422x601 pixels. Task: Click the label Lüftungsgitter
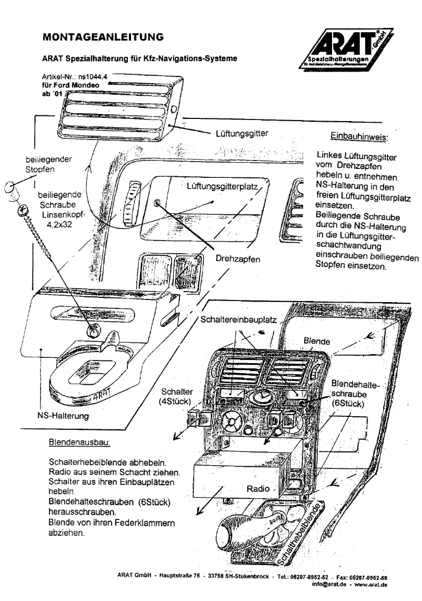point(242,134)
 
